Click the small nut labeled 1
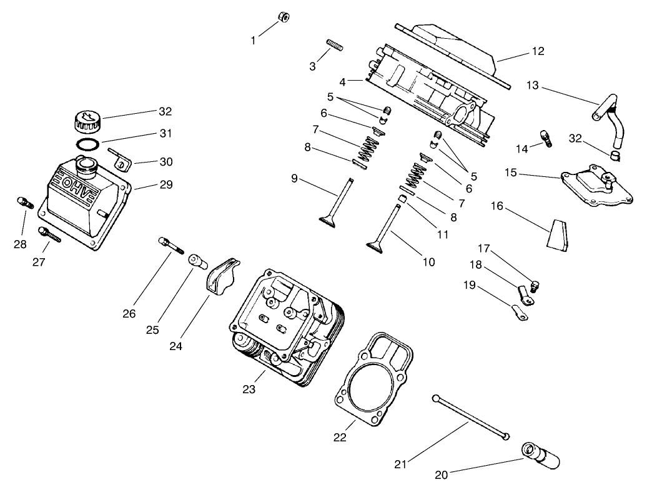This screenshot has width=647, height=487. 283,16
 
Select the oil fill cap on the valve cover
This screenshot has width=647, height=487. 87,119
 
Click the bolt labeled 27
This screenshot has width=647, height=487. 49,235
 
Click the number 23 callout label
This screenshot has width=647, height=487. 249,389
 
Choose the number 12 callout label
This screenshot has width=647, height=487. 537,51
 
